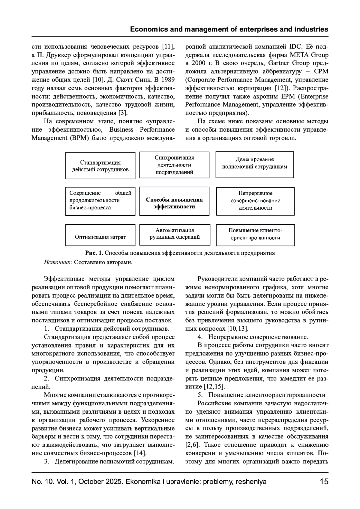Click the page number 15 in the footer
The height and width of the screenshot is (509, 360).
click(x=324, y=482)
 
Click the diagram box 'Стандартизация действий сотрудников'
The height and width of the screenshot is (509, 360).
click(x=100, y=166)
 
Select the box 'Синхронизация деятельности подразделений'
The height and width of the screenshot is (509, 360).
click(x=174, y=165)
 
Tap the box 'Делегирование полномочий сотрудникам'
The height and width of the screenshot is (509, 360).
click(x=255, y=165)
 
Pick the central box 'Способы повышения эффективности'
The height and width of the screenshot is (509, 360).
click(x=174, y=201)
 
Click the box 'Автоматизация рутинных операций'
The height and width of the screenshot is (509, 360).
click(x=174, y=235)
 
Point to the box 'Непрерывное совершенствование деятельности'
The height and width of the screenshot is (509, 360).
click(x=255, y=201)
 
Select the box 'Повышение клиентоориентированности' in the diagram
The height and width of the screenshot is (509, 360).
click(x=255, y=235)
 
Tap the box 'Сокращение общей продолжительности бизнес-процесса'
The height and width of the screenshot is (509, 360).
click(x=100, y=201)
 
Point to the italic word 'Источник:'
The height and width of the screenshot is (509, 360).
click(x=58, y=262)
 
